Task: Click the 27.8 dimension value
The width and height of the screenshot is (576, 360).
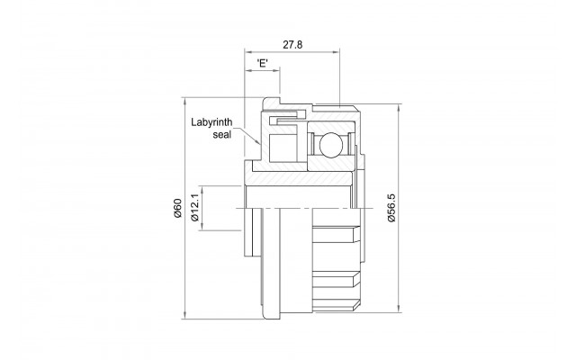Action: (x=292, y=45)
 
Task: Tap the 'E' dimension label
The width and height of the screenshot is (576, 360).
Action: (x=262, y=63)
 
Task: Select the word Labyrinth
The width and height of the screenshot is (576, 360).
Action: (x=211, y=122)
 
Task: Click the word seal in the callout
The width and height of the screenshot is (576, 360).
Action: (x=222, y=134)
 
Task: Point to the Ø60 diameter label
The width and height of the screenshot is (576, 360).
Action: (x=178, y=208)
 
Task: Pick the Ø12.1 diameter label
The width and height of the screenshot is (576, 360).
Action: (x=195, y=208)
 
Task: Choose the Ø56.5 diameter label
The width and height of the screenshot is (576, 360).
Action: (x=391, y=208)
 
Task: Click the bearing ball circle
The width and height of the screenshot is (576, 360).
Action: (x=331, y=145)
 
